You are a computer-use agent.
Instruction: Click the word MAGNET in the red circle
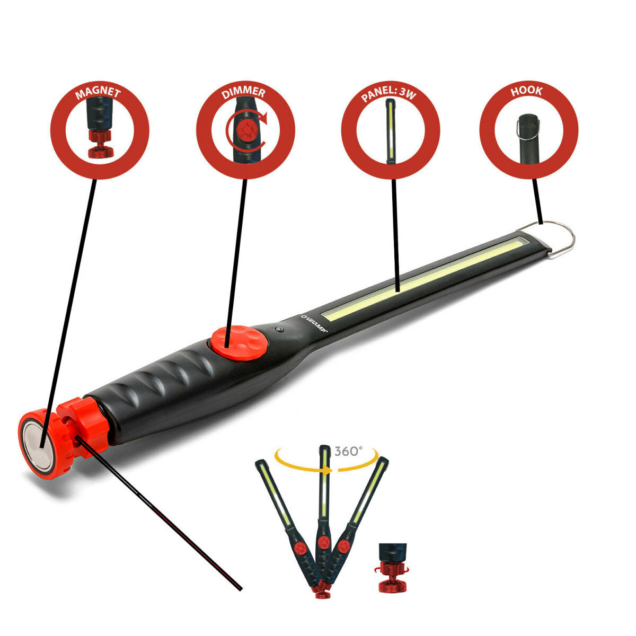[x=98, y=94]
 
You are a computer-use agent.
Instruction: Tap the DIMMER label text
[x=244, y=93]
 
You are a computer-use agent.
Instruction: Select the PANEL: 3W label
[x=390, y=94]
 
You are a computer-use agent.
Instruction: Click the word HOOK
[x=526, y=91]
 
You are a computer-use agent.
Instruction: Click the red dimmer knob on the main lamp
[x=239, y=342]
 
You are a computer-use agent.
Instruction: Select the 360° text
[x=348, y=451]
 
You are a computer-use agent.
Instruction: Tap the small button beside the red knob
[x=279, y=330]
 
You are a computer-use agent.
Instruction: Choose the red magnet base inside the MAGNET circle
[x=100, y=146]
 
